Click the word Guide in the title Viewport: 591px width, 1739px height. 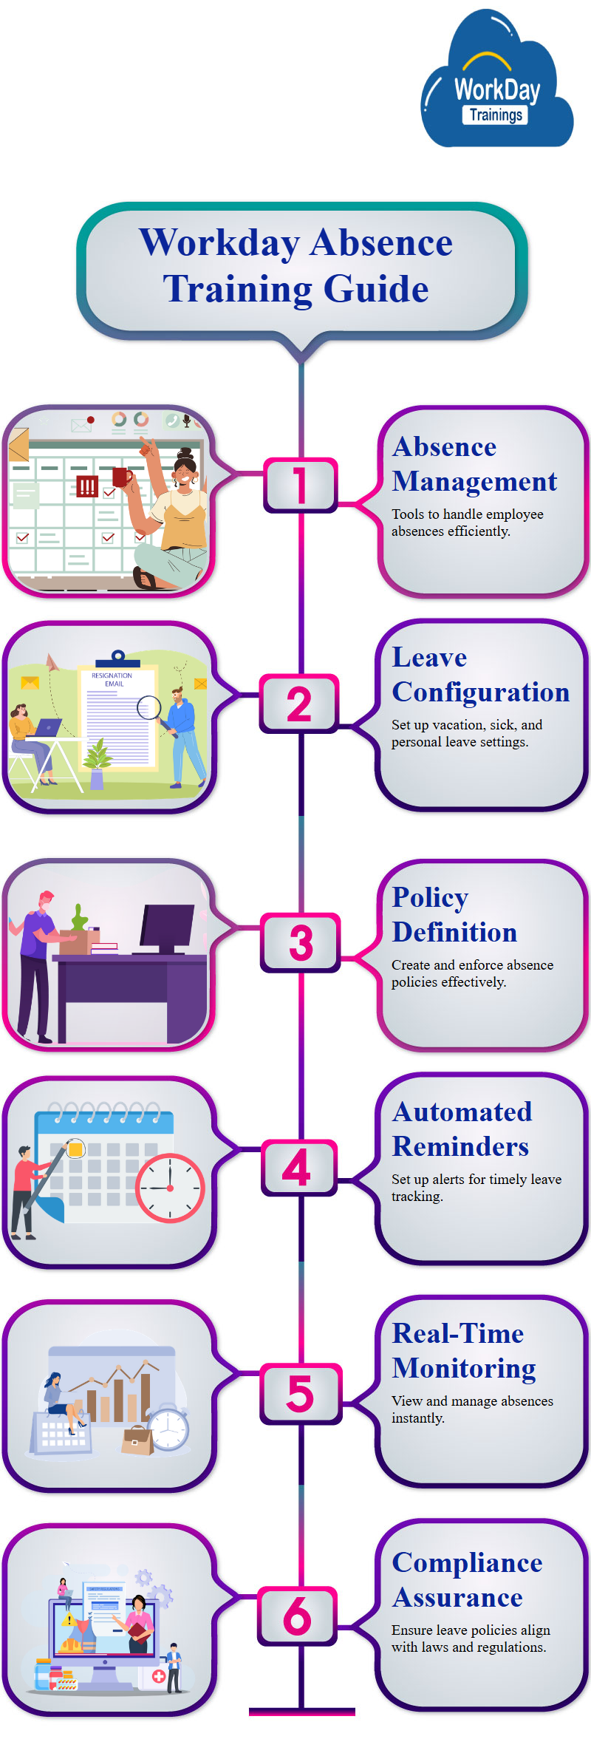pos(376,289)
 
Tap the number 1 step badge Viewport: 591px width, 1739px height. pos(300,485)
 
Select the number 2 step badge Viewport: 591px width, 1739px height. pos(299,704)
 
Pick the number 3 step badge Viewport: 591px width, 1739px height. pos(301,942)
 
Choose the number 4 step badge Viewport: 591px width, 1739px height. pos(298,1168)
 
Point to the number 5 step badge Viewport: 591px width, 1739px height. pos(301,1394)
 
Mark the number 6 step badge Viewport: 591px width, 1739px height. pos(297,1616)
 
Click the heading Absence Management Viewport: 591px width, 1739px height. pos(474,464)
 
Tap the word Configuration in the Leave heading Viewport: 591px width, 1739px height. pos(481,692)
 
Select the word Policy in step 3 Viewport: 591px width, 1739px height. pos(430,898)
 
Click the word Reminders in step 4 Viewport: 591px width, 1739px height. pos(460,1146)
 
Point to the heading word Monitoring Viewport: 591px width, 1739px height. pos(464,1369)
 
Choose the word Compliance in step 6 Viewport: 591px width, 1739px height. pos(467,1563)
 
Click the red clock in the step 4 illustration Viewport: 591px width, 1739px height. pos(170,1188)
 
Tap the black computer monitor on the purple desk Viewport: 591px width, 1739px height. pos(168,930)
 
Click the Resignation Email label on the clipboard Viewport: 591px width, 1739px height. pos(112,680)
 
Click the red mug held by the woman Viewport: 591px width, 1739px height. pos(122,477)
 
